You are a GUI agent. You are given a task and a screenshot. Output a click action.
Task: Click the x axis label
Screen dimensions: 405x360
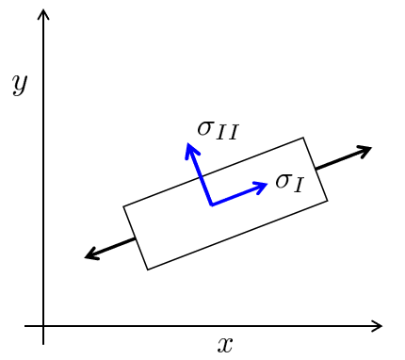point(225,345)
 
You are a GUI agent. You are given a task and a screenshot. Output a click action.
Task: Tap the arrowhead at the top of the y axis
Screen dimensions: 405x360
point(43,14)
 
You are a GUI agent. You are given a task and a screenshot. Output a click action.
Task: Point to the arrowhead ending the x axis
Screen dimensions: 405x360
point(377,326)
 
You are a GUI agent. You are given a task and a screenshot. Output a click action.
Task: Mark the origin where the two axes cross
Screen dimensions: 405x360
point(43,326)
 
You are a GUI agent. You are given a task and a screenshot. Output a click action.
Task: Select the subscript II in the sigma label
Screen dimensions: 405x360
point(227,132)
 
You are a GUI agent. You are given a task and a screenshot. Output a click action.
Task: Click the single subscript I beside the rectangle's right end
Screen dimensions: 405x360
point(298,185)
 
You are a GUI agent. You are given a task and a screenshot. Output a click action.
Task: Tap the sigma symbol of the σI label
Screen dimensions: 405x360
point(283,180)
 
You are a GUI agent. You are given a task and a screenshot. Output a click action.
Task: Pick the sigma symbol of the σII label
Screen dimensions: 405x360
point(205,128)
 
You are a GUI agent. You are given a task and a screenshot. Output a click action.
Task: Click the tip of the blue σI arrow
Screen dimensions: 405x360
point(267,184)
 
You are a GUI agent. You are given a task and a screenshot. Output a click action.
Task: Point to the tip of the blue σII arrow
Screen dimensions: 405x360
point(187,143)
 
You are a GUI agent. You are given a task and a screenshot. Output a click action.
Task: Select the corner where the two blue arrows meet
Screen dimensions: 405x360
point(212,205)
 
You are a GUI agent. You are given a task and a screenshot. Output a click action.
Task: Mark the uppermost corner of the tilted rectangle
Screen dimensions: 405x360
point(303,138)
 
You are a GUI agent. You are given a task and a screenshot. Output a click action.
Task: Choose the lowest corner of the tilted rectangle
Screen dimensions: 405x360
point(148,270)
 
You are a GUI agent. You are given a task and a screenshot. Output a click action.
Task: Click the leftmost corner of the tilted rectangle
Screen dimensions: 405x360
point(123,206)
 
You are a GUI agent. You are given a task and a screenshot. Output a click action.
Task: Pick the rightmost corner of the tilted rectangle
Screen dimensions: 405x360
point(328,201)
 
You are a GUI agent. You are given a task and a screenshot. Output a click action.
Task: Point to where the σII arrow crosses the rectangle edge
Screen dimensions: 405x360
point(202,176)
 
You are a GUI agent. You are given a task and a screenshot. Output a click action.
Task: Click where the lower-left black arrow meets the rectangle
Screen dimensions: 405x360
point(136,238)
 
